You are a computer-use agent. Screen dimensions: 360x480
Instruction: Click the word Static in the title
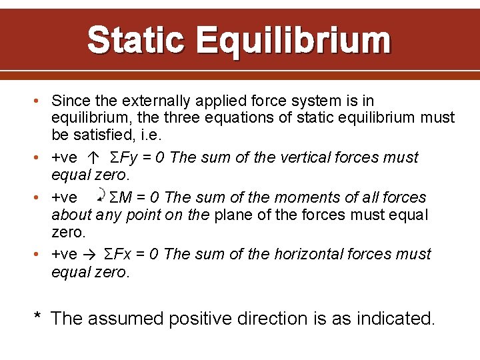point(136,40)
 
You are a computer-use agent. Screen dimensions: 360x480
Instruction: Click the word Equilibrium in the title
point(293,40)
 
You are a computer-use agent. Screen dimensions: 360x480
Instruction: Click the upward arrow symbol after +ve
point(93,158)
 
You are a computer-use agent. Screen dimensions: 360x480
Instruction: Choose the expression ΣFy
point(123,158)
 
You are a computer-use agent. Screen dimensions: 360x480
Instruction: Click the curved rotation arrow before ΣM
point(100,195)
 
